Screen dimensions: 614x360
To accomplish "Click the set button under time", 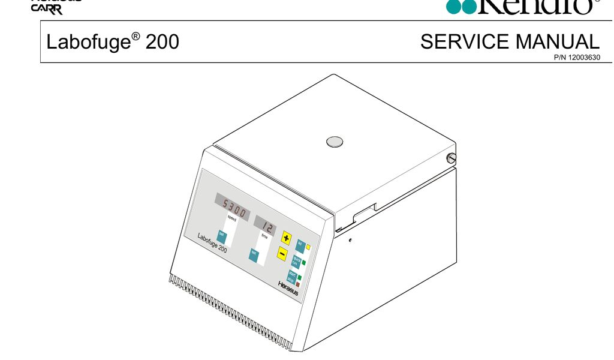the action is [254, 254].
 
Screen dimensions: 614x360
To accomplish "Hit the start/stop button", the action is [292, 277].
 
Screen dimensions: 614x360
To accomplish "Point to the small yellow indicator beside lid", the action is [308, 247].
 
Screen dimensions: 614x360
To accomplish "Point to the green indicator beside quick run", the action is [303, 263].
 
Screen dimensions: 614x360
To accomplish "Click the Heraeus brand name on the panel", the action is [288, 288].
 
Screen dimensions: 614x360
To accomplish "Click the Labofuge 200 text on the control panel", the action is [212, 242].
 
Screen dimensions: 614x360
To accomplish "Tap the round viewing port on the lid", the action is [335, 142].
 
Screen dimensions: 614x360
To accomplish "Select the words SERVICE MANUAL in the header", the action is [510, 42].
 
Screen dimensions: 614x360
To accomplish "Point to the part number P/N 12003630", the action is [576, 58].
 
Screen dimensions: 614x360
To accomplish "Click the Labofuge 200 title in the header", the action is [113, 42].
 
